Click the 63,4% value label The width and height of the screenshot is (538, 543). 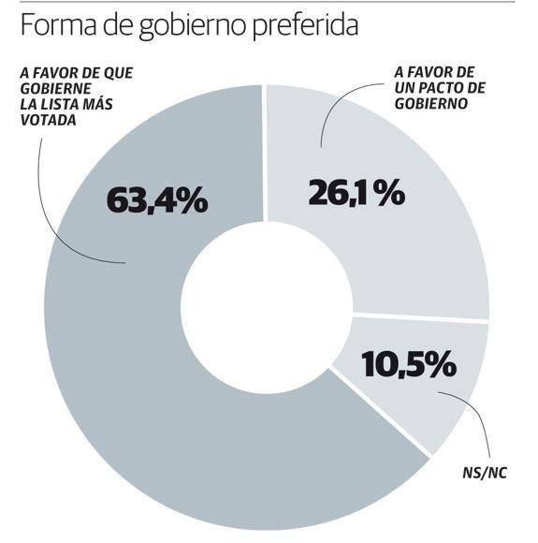click(x=156, y=199)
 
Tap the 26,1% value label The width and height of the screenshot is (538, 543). click(x=356, y=193)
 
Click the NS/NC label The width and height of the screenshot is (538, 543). click(x=485, y=472)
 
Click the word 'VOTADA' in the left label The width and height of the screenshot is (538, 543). click(x=44, y=121)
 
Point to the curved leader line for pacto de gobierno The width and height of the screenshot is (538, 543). click(x=332, y=112)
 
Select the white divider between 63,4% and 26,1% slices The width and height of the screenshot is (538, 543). click(x=264, y=159)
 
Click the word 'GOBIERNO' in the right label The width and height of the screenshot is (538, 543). click(x=430, y=104)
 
